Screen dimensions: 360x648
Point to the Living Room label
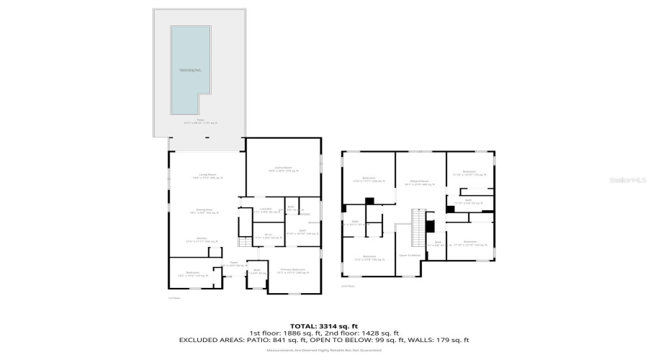tap(207, 177)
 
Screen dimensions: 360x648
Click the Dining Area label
tap(207, 211)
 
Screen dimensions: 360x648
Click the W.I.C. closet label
tap(266, 236)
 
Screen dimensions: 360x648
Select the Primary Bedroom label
tap(292, 271)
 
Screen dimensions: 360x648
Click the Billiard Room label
tap(420, 183)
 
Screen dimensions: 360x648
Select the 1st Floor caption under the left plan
tap(174, 297)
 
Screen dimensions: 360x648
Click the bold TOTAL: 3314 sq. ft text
tap(323, 325)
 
